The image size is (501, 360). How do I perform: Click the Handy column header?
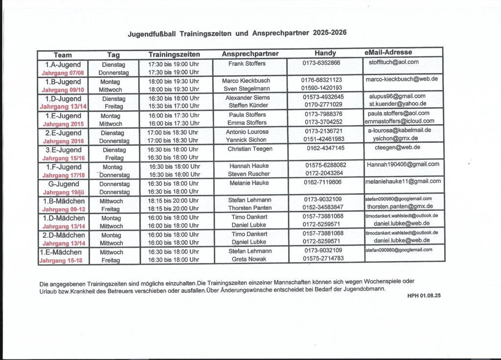325,53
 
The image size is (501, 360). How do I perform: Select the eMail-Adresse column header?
388,52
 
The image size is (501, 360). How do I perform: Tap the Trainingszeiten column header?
174,54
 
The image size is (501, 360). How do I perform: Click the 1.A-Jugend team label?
63,64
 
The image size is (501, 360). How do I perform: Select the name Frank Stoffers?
247,64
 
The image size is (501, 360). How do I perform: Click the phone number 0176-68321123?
321,80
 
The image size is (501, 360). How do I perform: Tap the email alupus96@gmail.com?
397,96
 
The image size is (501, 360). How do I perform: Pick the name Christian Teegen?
250,149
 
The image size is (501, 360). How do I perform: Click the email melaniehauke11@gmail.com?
403,181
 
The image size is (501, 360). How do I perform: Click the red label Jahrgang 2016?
63,141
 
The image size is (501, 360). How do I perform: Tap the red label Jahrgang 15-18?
61,261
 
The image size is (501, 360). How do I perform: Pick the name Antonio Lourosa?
247,132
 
